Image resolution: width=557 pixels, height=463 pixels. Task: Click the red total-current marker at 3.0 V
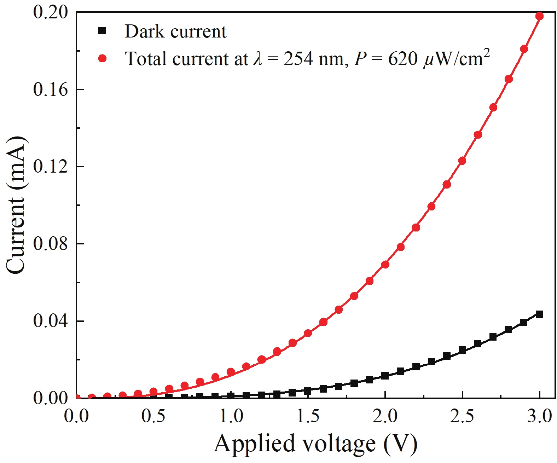[x=539, y=16]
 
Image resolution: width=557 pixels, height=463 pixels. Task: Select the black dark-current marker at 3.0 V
[x=539, y=314]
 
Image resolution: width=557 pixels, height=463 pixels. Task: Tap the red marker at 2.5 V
[x=462, y=161]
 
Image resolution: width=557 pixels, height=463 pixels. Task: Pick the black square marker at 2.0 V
[x=385, y=376]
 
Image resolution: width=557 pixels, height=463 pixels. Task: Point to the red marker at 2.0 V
[x=385, y=265]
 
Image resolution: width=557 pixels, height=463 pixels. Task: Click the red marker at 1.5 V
[x=308, y=333]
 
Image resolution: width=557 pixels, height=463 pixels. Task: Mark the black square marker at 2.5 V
[x=462, y=350]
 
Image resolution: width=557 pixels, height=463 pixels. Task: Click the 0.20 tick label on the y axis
[x=50, y=12]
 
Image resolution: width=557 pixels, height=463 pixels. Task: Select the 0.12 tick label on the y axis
[x=50, y=167]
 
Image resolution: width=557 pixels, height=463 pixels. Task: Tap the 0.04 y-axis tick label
[x=50, y=321]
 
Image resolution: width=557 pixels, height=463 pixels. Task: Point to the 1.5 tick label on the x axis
[x=308, y=416]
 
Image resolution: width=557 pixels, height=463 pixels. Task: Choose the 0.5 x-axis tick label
[x=153, y=416]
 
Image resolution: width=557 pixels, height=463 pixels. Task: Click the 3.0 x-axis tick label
[x=539, y=416]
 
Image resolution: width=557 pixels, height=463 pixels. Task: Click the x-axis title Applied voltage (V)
[x=315, y=444]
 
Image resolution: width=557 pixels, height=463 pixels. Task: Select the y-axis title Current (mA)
[x=16, y=205]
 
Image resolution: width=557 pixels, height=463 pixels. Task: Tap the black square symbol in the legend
[x=102, y=31]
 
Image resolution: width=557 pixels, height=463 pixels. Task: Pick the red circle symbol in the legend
[x=102, y=58]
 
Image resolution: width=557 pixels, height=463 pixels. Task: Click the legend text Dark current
[x=175, y=31]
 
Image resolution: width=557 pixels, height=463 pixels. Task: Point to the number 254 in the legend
[x=298, y=59]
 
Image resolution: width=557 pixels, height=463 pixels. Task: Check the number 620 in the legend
[x=403, y=59]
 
